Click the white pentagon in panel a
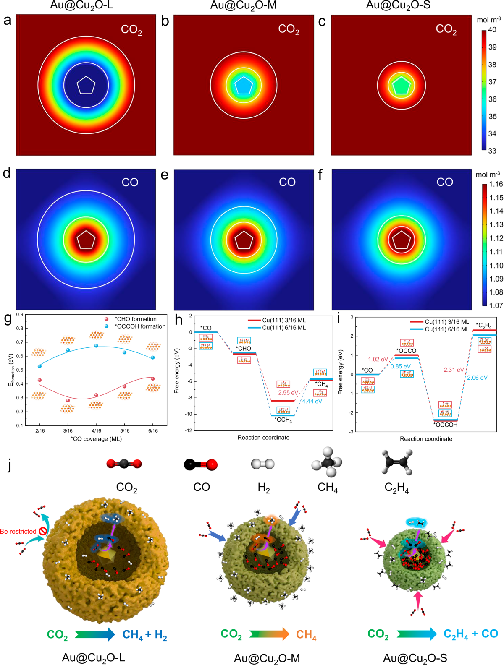[86, 86]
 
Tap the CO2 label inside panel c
[446, 29]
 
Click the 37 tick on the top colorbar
[492, 82]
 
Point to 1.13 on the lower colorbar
[496, 224]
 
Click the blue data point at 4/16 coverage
[96, 346]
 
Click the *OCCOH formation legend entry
[139, 326]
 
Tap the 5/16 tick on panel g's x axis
[125, 431]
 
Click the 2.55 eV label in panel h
[288, 393]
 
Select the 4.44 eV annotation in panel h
[312, 401]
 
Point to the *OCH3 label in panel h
[283, 420]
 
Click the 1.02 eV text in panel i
[378, 359]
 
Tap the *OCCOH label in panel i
[445, 425]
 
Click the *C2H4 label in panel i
[484, 326]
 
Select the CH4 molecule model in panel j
[327, 463]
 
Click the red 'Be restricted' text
[18, 532]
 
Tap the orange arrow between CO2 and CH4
[269, 634]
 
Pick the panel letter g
[8, 319]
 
